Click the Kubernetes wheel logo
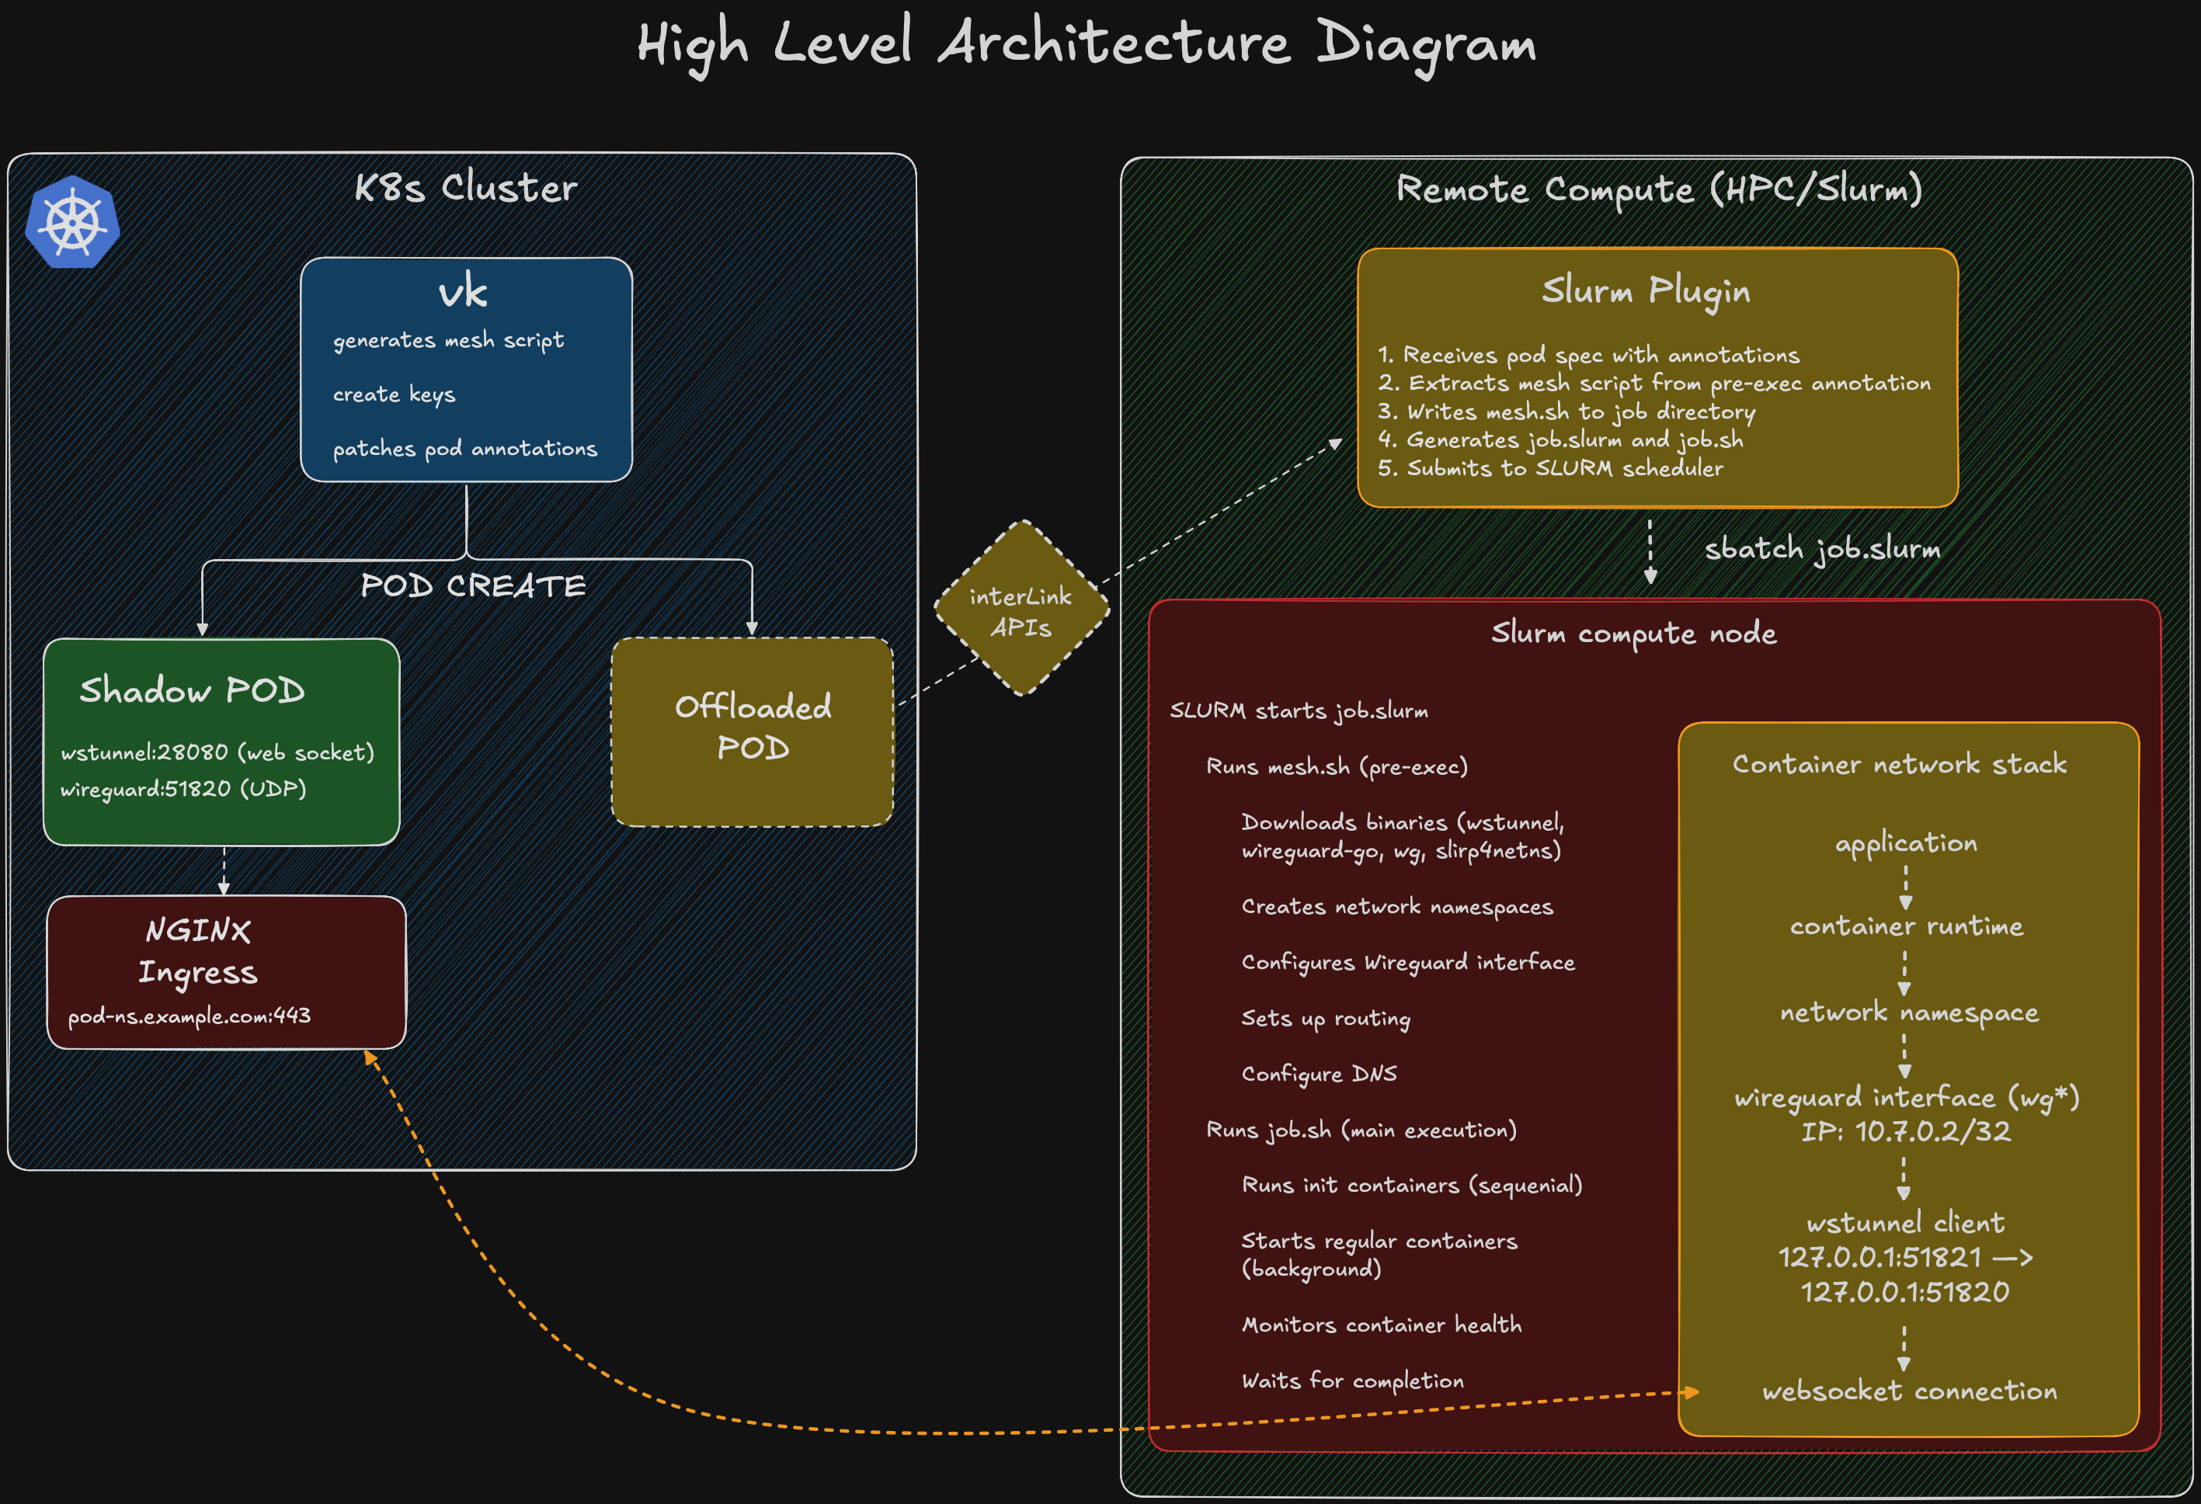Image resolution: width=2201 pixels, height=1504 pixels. [x=72, y=223]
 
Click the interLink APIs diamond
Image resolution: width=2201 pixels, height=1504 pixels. [x=1021, y=609]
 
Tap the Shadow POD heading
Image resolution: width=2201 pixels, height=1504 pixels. [x=193, y=690]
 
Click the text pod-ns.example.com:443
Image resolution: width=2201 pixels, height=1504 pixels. [x=189, y=1016]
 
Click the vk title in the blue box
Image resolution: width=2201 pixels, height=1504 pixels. [x=463, y=292]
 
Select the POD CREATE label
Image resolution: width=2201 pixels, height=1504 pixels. [x=473, y=586]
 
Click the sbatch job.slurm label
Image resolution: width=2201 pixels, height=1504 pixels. [x=1821, y=549]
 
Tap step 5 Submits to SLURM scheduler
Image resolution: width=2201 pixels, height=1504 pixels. [x=1549, y=468]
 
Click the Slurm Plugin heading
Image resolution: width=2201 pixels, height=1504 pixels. [x=1645, y=290]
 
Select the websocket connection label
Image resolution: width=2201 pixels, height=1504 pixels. [x=1909, y=1391]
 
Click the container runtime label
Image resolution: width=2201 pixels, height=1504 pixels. [x=1906, y=926]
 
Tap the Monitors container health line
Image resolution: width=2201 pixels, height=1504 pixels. [x=1381, y=1325]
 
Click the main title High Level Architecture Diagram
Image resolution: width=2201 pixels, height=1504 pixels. [x=1087, y=44]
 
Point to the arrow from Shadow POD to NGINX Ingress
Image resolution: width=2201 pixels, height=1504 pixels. [x=224, y=870]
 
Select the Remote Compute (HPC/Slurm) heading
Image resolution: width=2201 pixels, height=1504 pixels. [x=1658, y=189]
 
